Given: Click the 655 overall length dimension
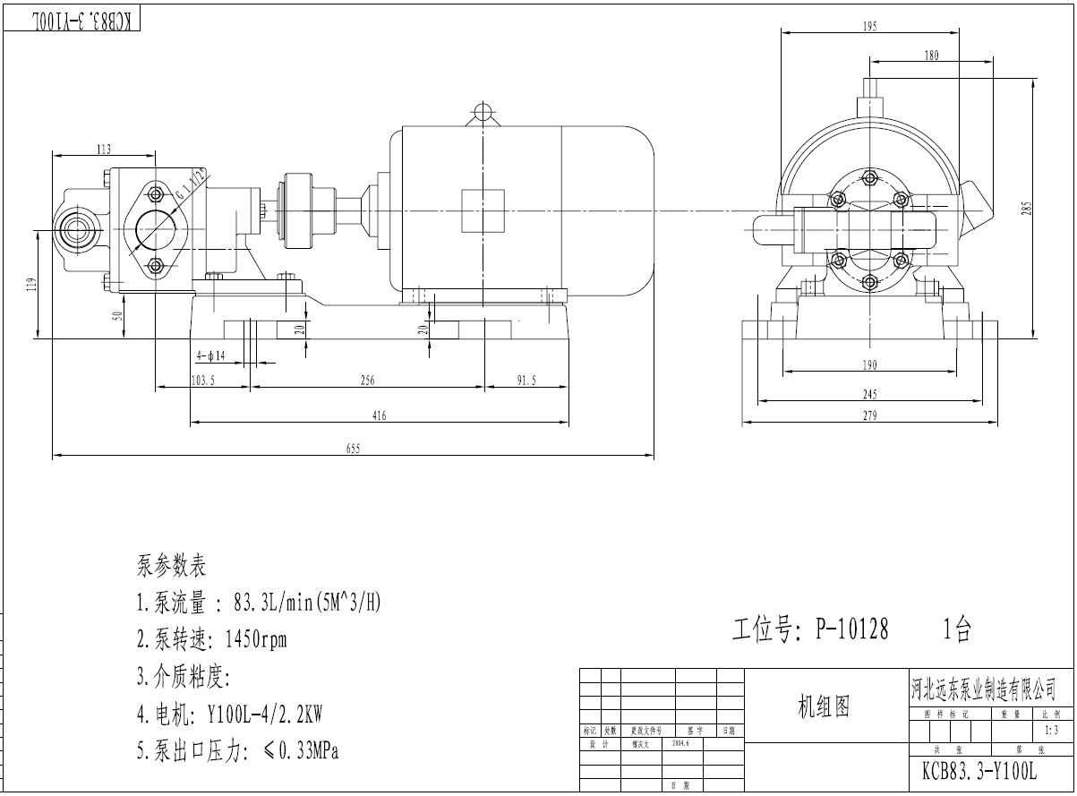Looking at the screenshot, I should (x=353, y=449).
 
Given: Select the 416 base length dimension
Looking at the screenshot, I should (x=379, y=415).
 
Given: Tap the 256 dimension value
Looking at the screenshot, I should (x=367, y=381).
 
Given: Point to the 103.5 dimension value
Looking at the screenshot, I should (x=203, y=381).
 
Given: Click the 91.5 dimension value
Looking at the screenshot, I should (x=526, y=381).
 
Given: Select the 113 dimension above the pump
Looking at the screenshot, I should (x=104, y=150).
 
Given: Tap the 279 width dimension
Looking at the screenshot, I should (x=869, y=415).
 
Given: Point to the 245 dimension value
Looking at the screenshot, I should (x=869, y=394).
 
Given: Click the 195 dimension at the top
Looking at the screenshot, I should (x=869, y=27).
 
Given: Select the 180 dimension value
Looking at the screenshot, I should (x=931, y=56).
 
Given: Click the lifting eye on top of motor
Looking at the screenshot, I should (x=483, y=112).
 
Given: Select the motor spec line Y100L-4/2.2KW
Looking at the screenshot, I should (x=229, y=715).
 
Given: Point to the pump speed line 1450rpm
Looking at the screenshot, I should (x=211, y=640).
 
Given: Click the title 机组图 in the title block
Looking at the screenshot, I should (x=823, y=707).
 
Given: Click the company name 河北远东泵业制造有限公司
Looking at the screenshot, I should (x=983, y=689).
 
